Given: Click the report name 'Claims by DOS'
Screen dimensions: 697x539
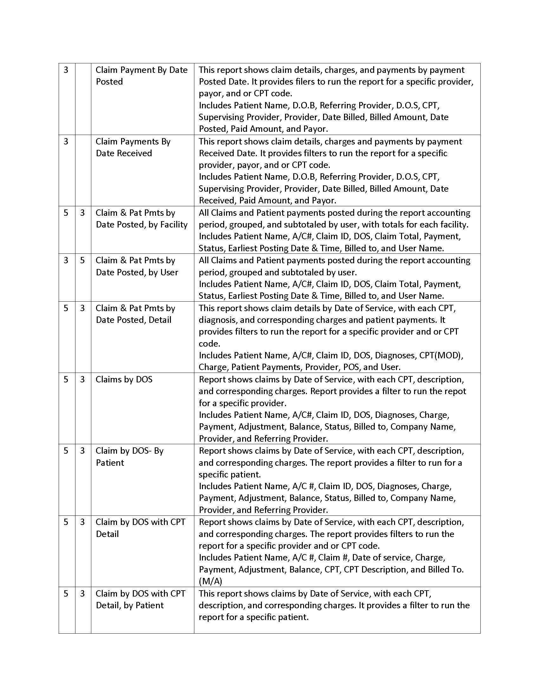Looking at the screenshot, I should tap(124, 380).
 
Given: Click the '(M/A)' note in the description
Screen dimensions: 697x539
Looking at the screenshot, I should tap(210, 581).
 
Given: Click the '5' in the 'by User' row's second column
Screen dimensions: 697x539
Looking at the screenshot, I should tap(82, 260).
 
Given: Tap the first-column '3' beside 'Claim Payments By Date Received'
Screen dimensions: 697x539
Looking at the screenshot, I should tap(66, 141).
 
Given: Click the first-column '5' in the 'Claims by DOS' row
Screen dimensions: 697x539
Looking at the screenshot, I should tap(66, 380).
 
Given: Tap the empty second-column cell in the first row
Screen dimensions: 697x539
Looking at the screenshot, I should tap(83, 99).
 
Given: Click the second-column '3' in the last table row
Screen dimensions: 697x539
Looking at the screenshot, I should tap(82, 594).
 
